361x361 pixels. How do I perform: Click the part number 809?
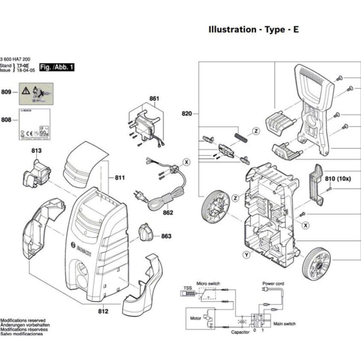pos(7,93)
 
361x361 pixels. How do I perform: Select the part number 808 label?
pos(7,120)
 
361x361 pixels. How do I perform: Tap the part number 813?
pos(36,150)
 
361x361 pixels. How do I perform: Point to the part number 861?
pos(153,99)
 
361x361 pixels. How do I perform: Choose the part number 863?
pos(166,237)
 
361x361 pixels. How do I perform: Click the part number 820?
pos(187,114)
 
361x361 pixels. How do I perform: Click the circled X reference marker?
pos(188,161)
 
